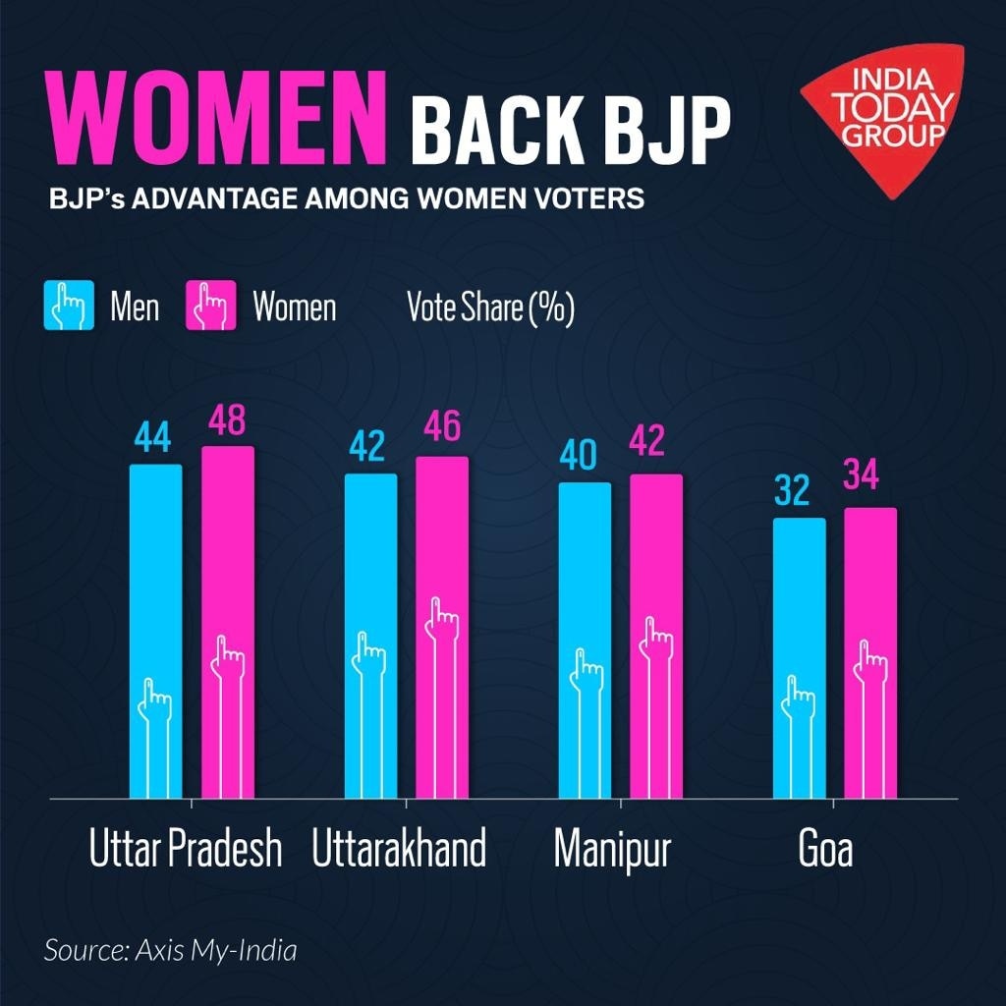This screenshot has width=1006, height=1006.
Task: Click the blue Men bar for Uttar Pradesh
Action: click(x=156, y=629)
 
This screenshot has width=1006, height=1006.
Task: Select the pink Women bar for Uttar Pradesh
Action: click(x=228, y=619)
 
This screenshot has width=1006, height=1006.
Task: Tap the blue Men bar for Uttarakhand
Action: click(x=370, y=634)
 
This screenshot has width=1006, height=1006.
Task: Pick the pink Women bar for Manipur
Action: click(x=656, y=634)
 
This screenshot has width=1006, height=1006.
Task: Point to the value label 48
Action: click(x=227, y=423)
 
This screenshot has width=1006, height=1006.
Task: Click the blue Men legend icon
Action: click(x=69, y=306)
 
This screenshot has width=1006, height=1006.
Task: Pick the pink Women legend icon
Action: click(x=212, y=306)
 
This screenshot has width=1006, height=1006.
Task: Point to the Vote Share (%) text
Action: click(x=490, y=307)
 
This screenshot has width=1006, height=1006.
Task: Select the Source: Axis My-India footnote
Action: click(x=170, y=951)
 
